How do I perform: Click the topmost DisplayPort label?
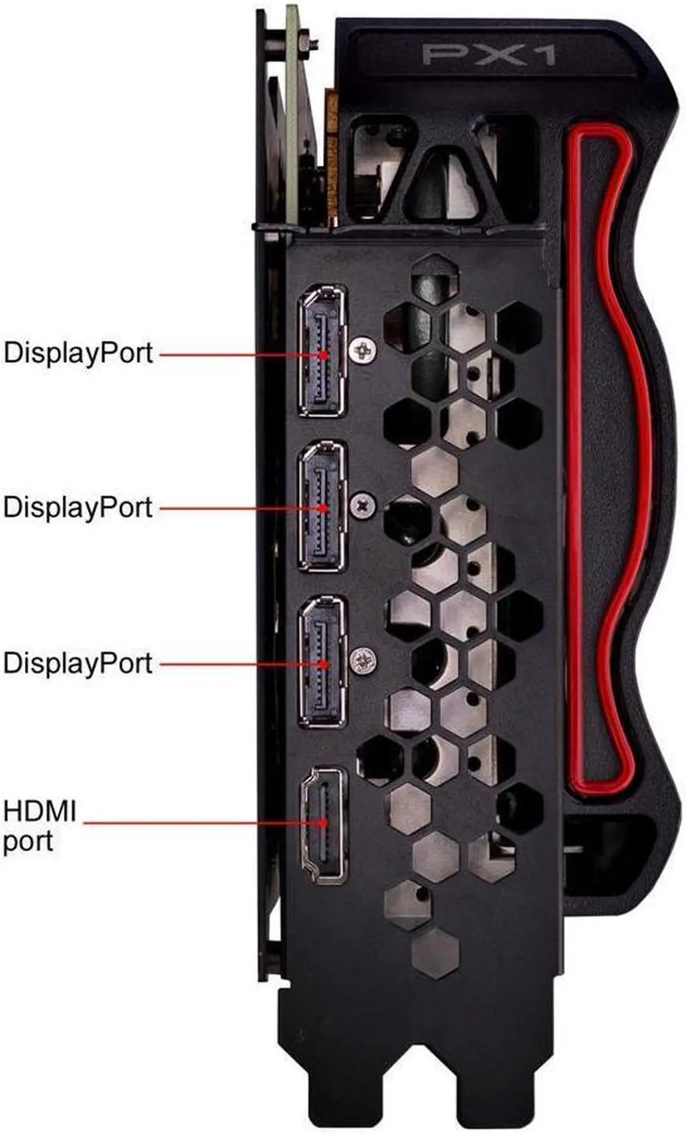pos(78,353)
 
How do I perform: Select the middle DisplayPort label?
pos(78,508)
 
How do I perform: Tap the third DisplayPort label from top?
pos(78,663)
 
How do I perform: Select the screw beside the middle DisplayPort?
pos(363,505)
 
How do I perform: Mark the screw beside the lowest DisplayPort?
pos(363,660)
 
